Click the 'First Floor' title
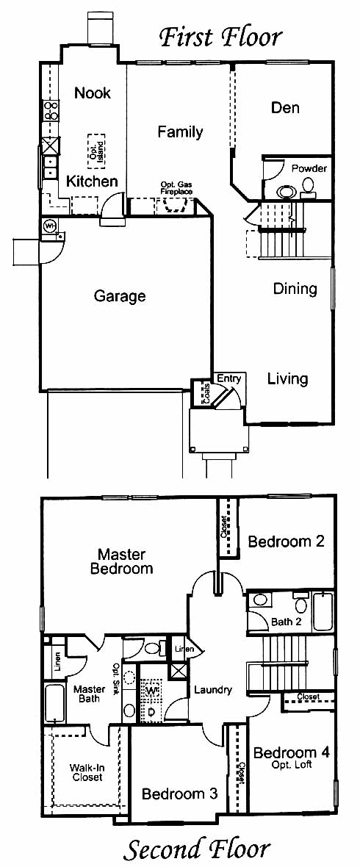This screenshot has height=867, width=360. (221, 37)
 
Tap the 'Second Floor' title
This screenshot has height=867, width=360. (197, 849)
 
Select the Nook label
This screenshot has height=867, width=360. (93, 93)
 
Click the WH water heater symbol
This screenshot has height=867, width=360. (50, 226)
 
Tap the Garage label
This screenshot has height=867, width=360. (120, 296)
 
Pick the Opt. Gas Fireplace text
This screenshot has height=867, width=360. (176, 188)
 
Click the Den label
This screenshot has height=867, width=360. (285, 107)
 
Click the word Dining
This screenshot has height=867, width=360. (295, 289)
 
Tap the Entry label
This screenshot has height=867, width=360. (228, 378)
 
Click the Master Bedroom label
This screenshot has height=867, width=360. (122, 561)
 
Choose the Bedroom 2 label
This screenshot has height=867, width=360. (286, 542)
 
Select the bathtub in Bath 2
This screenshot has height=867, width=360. (323, 611)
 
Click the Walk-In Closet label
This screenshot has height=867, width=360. (86, 772)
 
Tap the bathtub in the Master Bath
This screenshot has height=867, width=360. (54, 703)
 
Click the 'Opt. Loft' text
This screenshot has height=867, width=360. (292, 766)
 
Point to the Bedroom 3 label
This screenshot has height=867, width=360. (179, 794)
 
